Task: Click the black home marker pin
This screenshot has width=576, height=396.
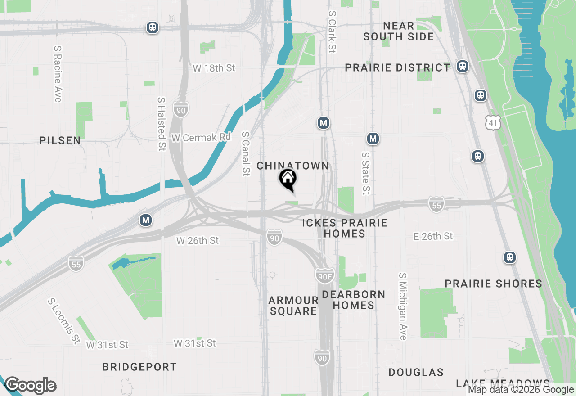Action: [288, 179]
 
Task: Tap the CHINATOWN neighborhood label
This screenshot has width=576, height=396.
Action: [293, 166]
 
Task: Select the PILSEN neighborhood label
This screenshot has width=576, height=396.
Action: [60, 141]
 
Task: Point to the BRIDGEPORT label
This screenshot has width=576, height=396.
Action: [139, 367]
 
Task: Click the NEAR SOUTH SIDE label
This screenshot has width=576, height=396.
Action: [399, 31]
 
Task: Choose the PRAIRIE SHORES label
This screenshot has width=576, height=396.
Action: [494, 284]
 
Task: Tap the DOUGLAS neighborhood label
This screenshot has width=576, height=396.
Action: [416, 373]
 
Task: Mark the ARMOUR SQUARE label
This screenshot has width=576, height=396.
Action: [293, 306]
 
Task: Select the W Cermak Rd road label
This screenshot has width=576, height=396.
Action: [201, 138]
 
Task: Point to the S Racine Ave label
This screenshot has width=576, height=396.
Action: [57, 73]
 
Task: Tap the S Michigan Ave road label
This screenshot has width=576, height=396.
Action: [403, 306]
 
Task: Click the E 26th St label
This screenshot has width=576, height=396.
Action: [433, 236]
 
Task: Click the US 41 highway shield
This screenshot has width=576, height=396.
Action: [493, 121]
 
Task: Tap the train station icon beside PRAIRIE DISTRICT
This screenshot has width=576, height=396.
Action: [462, 67]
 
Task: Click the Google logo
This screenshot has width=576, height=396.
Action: [30, 386]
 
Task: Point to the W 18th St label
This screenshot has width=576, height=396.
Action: [214, 68]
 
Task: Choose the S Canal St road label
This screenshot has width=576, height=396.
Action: [245, 153]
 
